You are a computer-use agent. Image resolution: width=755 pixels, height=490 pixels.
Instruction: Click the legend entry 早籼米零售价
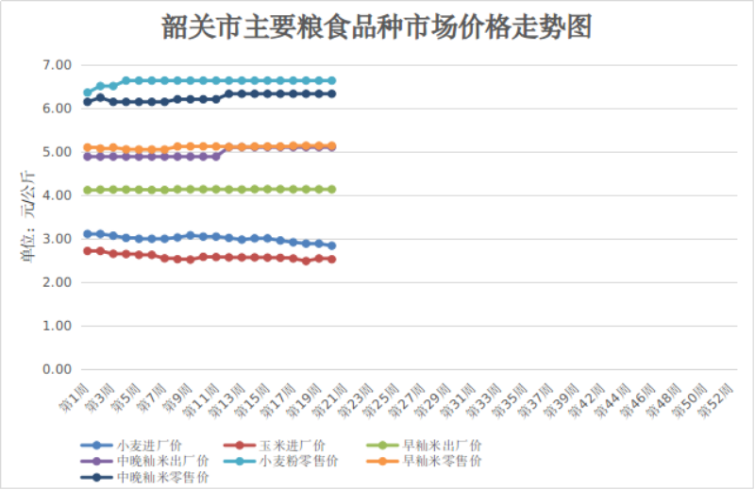[442, 461]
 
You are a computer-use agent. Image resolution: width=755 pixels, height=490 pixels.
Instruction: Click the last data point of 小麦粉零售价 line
[332, 81]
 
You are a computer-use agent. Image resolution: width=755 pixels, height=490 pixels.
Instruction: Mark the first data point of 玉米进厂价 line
[88, 251]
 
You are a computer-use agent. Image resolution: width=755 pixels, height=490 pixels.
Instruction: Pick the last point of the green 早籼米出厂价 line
[332, 189]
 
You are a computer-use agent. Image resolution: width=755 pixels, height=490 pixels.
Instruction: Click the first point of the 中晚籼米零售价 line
[88, 102]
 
